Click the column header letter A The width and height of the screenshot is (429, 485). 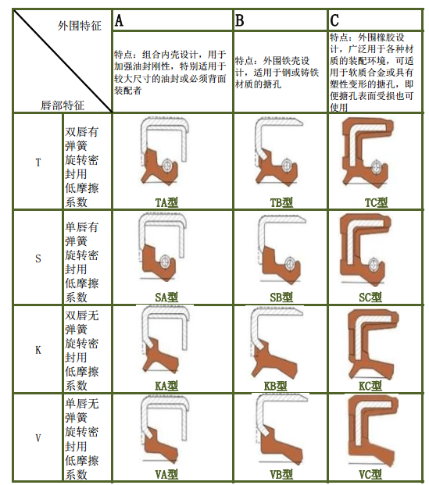coord(119,20)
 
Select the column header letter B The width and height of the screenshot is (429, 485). coord(239,20)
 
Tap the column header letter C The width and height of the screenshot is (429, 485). coord(334,20)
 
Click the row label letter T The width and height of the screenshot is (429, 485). coord(38,162)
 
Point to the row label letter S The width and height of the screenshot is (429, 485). coord(38,259)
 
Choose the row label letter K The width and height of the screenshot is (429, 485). coord(38,350)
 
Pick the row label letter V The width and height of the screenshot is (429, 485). coord(38,438)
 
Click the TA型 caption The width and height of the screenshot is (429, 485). coord(166,202)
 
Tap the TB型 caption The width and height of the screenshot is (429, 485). coord(281,202)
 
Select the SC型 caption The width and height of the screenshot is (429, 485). coord(370,298)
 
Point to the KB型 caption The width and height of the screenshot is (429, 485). coord(276,386)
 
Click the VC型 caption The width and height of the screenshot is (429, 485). coord(370,474)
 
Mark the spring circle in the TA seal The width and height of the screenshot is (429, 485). coord(168,166)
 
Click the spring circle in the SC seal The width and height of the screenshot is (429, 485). coord(374,264)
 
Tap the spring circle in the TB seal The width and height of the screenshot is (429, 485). coord(287,166)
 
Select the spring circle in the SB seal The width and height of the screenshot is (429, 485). coord(289,264)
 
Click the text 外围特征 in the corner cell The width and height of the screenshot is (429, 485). coord(80,26)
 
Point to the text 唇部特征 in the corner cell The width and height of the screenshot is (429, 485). coord(63,105)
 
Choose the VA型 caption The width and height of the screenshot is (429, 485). coord(166,474)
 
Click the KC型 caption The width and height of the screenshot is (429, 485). coord(370,386)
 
